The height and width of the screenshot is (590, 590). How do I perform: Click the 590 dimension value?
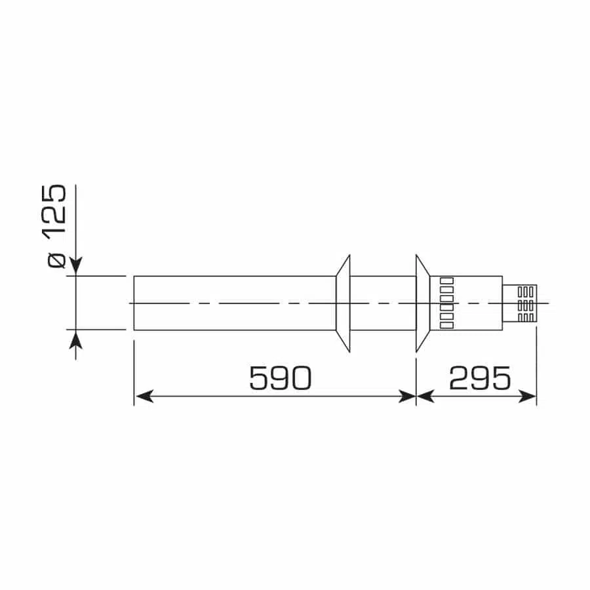[281, 378]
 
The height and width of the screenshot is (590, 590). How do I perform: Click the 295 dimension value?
[480, 378]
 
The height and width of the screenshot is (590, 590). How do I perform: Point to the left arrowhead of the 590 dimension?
[144, 396]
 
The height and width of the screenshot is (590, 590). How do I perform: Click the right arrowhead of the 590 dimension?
[407, 396]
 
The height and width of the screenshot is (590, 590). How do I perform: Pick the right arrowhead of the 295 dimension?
[528, 396]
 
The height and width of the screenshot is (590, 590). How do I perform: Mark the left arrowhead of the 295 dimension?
[425, 396]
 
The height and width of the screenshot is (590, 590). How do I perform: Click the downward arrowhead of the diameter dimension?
[76, 266]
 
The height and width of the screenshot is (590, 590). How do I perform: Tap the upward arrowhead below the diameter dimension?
[76, 340]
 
